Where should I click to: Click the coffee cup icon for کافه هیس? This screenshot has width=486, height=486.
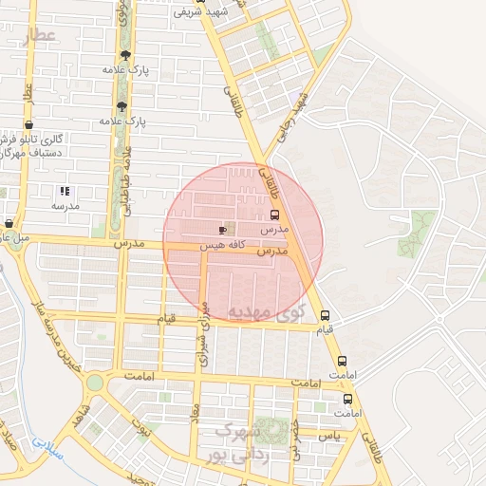223,230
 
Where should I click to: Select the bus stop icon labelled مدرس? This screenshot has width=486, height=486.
275,215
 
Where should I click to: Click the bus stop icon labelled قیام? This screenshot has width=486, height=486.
326,315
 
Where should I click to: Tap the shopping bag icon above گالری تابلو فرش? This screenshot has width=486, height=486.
29,124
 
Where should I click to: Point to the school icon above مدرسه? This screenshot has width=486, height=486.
65,192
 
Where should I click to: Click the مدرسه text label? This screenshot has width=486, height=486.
65,206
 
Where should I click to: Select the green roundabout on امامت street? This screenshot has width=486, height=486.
95,383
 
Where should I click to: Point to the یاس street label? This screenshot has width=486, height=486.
328,436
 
